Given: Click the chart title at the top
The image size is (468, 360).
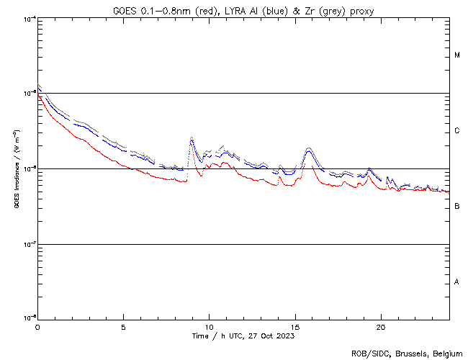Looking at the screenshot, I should click(243, 9).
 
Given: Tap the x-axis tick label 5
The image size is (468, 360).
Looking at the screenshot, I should click(123, 326).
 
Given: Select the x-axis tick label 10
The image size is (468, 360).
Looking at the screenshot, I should click(209, 326).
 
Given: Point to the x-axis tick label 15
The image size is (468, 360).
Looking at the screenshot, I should click(294, 326).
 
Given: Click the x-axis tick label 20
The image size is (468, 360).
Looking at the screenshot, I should click(380, 326).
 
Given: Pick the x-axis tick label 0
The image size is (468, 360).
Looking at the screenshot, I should click(37, 326).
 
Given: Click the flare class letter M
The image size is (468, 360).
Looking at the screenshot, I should click(457, 55).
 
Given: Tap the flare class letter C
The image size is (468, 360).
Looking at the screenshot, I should click(457, 131).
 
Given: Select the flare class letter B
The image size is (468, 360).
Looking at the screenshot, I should click(457, 207).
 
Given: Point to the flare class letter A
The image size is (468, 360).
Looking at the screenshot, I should click(457, 282).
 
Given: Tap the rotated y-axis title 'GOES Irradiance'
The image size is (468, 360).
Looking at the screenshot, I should click(16, 168).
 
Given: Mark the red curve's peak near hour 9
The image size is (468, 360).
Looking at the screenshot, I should click(191, 143).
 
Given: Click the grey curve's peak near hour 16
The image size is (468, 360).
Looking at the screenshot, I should click(309, 148).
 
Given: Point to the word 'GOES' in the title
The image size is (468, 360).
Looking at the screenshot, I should click(125, 9).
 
